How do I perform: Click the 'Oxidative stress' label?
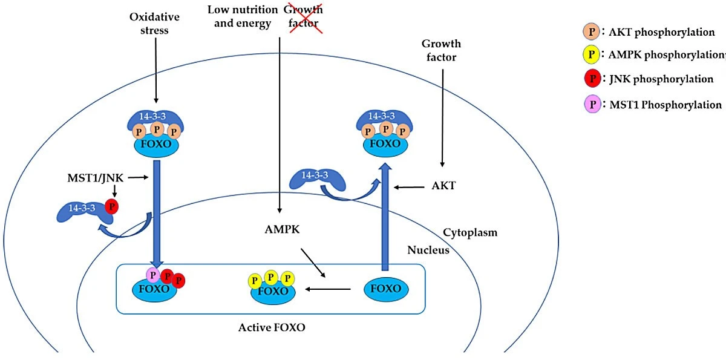[x=154, y=24]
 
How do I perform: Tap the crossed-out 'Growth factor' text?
[x=303, y=16]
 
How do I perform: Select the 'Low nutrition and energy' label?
[x=243, y=16]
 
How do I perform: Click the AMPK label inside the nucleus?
[x=282, y=229]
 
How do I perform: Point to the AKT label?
[x=443, y=186]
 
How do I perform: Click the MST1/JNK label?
[x=96, y=178]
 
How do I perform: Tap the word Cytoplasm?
[x=470, y=233]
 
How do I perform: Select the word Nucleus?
[x=428, y=250]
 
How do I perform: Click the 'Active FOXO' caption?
[x=272, y=327]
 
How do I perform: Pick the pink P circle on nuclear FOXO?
[x=153, y=275]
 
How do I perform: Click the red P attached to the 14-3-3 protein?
[x=112, y=206]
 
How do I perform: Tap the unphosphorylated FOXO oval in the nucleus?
[x=386, y=289]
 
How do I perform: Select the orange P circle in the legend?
[x=592, y=31]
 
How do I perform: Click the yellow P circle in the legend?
[x=591, y=54]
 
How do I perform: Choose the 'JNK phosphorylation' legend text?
[x=661, y=79]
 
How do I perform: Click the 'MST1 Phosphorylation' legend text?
[x=665, y=105]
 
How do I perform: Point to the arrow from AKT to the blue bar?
[x=409, y=188]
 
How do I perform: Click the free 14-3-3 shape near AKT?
[x=317, y=180]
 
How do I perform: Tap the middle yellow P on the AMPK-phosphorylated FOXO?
[x=271, y=277]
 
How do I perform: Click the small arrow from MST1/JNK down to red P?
[x=114, y=191]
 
